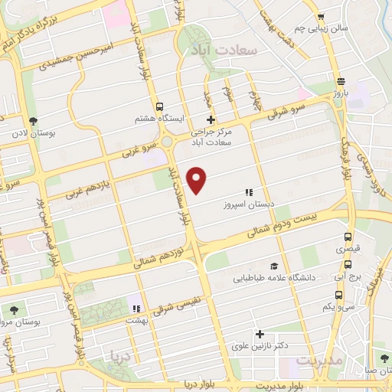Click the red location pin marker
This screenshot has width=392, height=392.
[198, 180]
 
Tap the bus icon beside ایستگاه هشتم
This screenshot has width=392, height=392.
[159, 107]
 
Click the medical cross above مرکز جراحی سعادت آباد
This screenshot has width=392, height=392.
[211, 119]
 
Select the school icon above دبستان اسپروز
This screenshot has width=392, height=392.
[248, 192]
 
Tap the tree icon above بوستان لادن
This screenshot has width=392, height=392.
[32, 121]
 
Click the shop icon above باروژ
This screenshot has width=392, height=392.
[340, 80]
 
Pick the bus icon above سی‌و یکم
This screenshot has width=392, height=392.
[338, 294]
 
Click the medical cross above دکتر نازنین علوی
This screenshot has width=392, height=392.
[260, 334]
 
